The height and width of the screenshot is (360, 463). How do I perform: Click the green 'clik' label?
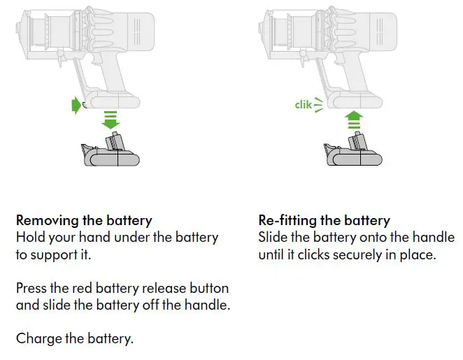pos(303,105)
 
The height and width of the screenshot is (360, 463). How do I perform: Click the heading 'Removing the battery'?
pos(84,221)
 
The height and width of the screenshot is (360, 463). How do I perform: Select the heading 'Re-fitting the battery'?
pos(325,221)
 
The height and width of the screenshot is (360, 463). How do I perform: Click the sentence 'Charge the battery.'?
pos(75,339)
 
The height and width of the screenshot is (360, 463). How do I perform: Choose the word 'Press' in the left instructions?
pos(33,288)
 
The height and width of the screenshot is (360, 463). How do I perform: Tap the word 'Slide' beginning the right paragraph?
pos(274,238)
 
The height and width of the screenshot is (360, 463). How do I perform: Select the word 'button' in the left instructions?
pos(207,288)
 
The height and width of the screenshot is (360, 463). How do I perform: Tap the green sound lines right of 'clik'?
pos(320,105)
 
